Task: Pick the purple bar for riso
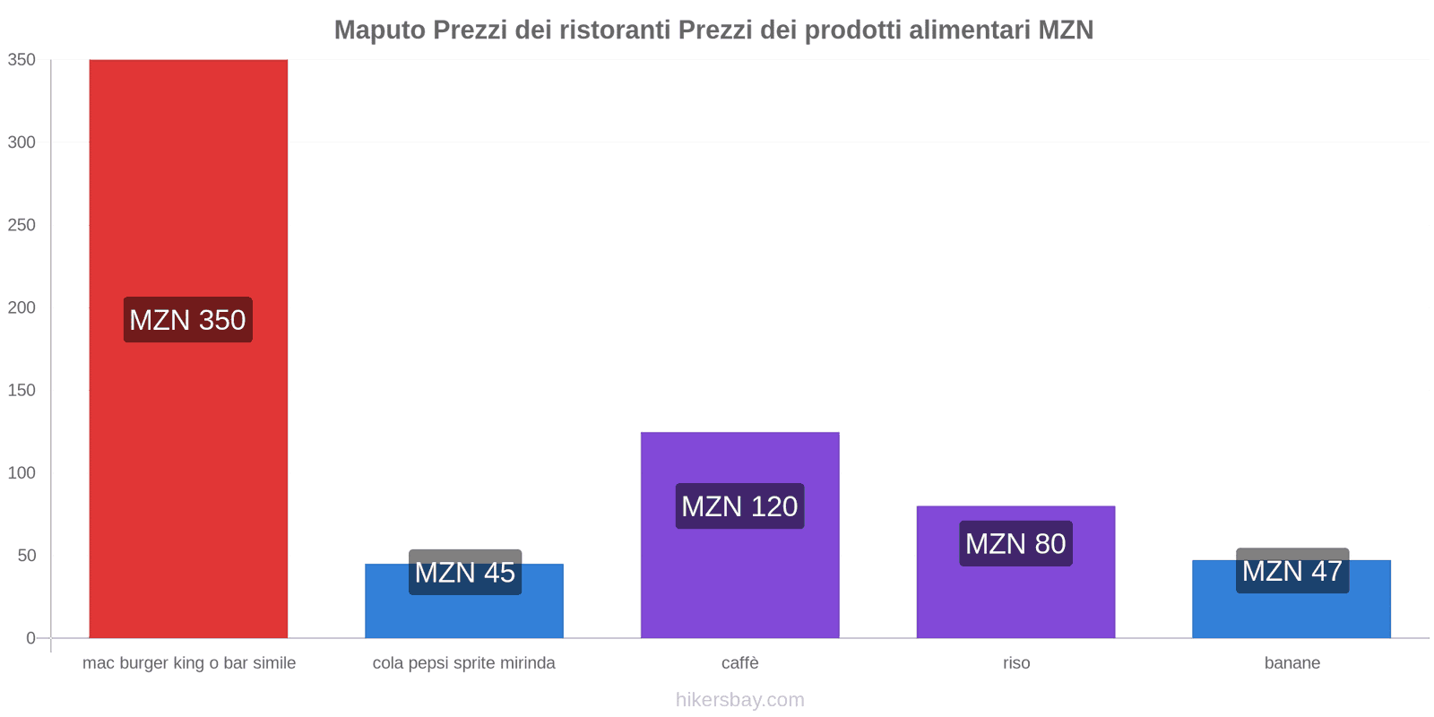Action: (x=1015, y=600)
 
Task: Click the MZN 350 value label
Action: (x=188, y=320)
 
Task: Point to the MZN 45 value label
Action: (x=465, y=572)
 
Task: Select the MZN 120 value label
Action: (x=739, y=506)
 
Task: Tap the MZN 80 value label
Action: (x=1015, y=544)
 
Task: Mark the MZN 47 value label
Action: (x=1292, y=570)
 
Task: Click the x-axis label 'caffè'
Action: (x=740, y=663)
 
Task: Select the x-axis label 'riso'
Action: (x=1016, y=663)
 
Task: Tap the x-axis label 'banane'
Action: (x=1292, y=663)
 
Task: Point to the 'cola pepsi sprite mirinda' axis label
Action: (x=464, y=663)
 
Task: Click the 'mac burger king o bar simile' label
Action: (x=189, y=663)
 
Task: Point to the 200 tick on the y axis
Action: (x=22, y=307)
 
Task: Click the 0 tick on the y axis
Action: (x=30, y=638)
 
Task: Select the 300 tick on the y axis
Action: (x=22, y=143)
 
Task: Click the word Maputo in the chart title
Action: (x=380, y=30)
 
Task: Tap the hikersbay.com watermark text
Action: (x=740, y=700)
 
